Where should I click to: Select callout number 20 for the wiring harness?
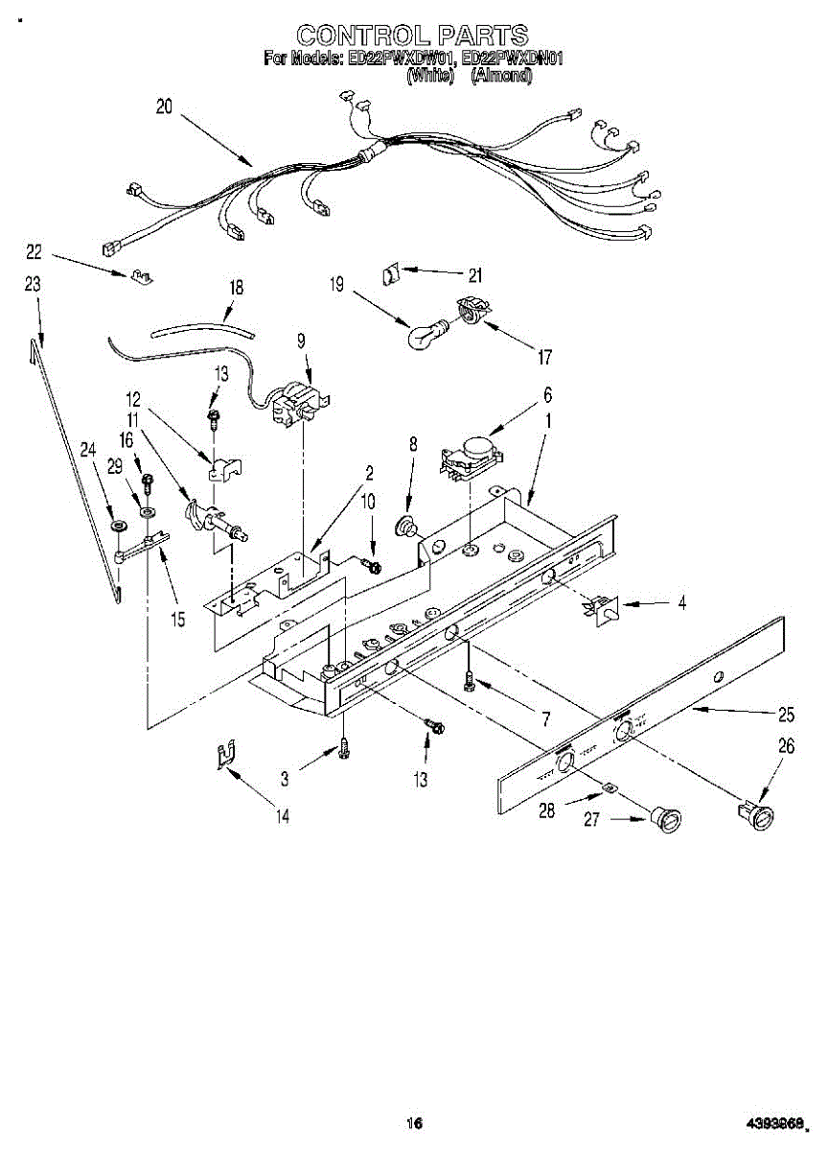(x=164, y=107)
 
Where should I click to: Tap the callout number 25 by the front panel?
(x=787, y=714)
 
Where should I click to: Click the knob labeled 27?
(x=664, y=821)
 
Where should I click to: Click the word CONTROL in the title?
(x=356, y=35)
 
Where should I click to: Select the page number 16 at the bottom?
(x=414, y=1123)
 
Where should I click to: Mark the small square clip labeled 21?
(x=391, y=272)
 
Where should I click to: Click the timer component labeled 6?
(x=471, y=453)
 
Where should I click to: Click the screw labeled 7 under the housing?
(x=468, y=680)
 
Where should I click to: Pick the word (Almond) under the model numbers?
(x=501, y=76)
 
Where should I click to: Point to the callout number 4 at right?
(x=681, y=603)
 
